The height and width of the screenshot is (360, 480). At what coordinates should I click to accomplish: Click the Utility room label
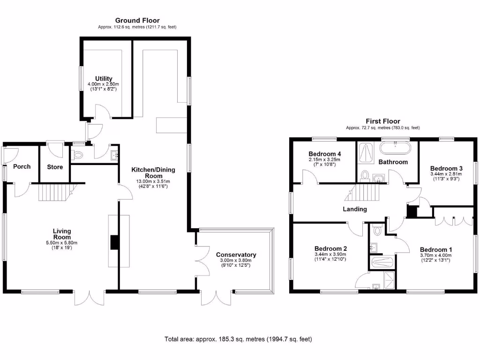(104, 79)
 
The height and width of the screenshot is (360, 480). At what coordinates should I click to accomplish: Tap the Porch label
(22, 166)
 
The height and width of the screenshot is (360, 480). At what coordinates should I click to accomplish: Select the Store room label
(55, 166)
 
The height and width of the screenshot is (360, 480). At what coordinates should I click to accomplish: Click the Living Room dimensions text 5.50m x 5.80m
(61, 243)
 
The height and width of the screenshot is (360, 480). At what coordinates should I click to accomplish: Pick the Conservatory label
(236, 255)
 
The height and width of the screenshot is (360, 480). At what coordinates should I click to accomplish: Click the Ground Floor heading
(137, 21)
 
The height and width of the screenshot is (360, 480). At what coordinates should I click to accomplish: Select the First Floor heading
(383, 121)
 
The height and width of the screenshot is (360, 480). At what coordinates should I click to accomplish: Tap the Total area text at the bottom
(238, 339)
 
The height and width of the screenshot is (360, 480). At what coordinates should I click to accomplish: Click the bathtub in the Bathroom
(395, 148)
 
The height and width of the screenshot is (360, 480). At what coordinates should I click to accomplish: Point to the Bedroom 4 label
(324, 154)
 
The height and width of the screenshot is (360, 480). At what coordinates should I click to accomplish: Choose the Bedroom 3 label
(446, 169)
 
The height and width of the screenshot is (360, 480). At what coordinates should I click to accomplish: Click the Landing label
(354, 209)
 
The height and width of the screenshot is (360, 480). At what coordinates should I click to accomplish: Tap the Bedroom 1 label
(436, 249)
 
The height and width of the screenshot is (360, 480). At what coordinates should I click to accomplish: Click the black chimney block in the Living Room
(114, 242)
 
